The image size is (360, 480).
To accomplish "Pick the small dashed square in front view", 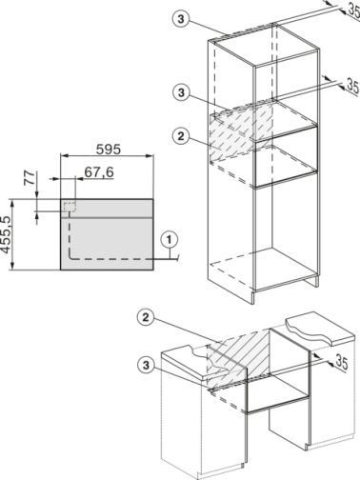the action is (69, 207).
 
